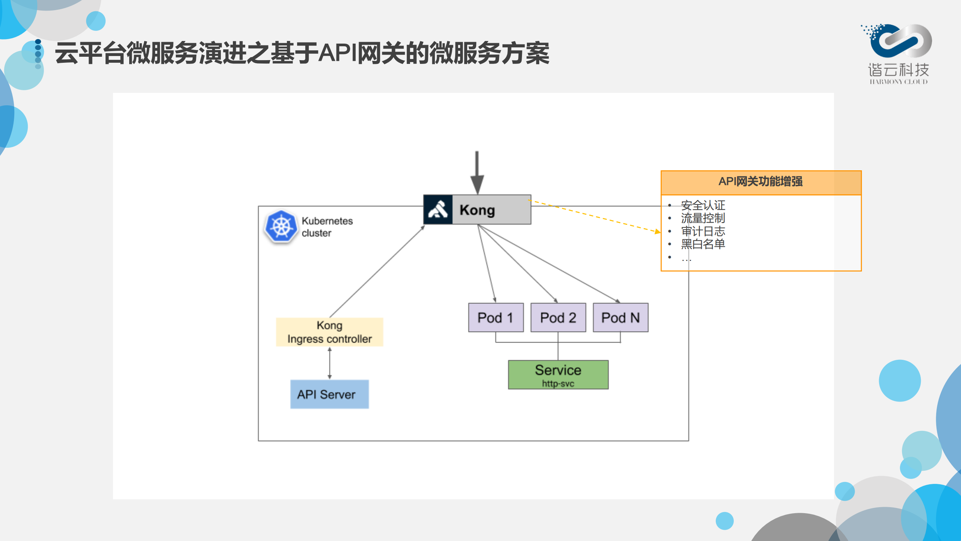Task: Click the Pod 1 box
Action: (x=496, y=318)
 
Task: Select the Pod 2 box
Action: (x=558, y=318)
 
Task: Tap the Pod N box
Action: (x=620, y=318)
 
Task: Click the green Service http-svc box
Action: (x=558, y=374)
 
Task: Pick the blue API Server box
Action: (x=329, y=394)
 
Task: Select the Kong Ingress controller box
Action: (x=329, y=332)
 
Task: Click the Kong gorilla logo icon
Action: (x=438, y=210)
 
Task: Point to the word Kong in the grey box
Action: (x=477, y=210)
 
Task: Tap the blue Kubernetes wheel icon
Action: (x=281, y=227)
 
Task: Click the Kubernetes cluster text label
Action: (x=327, y=227)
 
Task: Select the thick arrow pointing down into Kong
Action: (x=477, y=173)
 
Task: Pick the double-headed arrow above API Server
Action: (x=330, y=363)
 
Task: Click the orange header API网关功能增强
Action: (x=760, y=182)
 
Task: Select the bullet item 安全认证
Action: (x=703, y=205)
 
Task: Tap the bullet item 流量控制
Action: (x=703, y=218)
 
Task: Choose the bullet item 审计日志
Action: (x=703, y=231)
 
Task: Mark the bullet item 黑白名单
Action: (x=703, y=244)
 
